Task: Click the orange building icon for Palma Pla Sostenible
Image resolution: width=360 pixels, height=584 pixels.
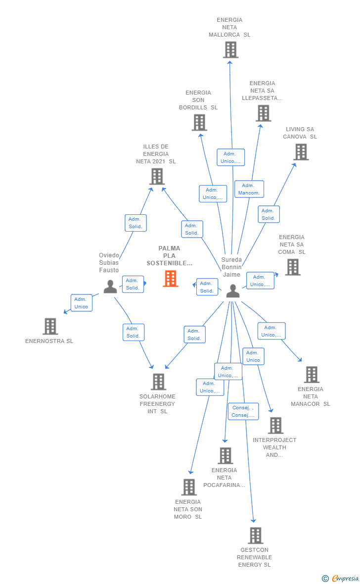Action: pos(171,279)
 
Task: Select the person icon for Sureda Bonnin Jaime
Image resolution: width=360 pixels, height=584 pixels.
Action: pos(232,291)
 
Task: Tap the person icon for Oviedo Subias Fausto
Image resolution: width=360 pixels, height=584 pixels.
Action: pos(110,287)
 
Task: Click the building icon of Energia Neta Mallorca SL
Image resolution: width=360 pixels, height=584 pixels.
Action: pos(230,50)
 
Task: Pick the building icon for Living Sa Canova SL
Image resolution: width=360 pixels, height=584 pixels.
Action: pos(301,152)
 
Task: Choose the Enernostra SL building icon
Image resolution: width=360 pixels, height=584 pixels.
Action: pos(50,327)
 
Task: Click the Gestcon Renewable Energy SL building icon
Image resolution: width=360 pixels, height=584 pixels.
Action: pos(255,535)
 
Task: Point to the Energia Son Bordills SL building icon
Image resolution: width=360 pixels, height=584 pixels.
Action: pos(199,123)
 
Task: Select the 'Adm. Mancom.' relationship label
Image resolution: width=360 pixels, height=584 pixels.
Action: pos(249,189)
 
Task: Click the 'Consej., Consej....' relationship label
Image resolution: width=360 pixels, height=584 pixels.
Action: pos(243,411)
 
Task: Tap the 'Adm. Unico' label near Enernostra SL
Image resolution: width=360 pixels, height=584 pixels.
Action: pos(81,303)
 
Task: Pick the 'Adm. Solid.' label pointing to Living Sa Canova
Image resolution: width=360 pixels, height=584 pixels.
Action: pos(269,214)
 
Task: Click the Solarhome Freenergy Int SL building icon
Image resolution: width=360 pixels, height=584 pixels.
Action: pos(158,382)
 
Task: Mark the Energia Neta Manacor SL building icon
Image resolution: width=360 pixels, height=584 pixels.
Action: pos(311,375)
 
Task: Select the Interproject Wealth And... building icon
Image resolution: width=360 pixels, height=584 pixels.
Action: pos(275,426)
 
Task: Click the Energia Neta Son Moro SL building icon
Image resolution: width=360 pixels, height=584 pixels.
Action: pos(189,487)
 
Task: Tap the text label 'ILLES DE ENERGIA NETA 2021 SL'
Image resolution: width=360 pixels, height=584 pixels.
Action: pos(156,154)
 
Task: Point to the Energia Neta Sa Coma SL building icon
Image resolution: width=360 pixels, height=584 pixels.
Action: pos(292,267)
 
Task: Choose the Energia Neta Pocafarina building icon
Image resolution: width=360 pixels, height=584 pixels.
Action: pos(225,456)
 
